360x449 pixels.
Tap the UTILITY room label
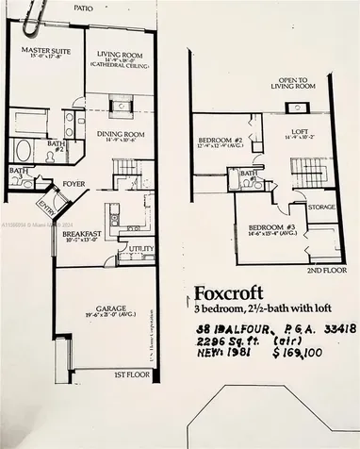(x=142, y=248)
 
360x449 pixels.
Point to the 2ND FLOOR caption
(x=319, y=269)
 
